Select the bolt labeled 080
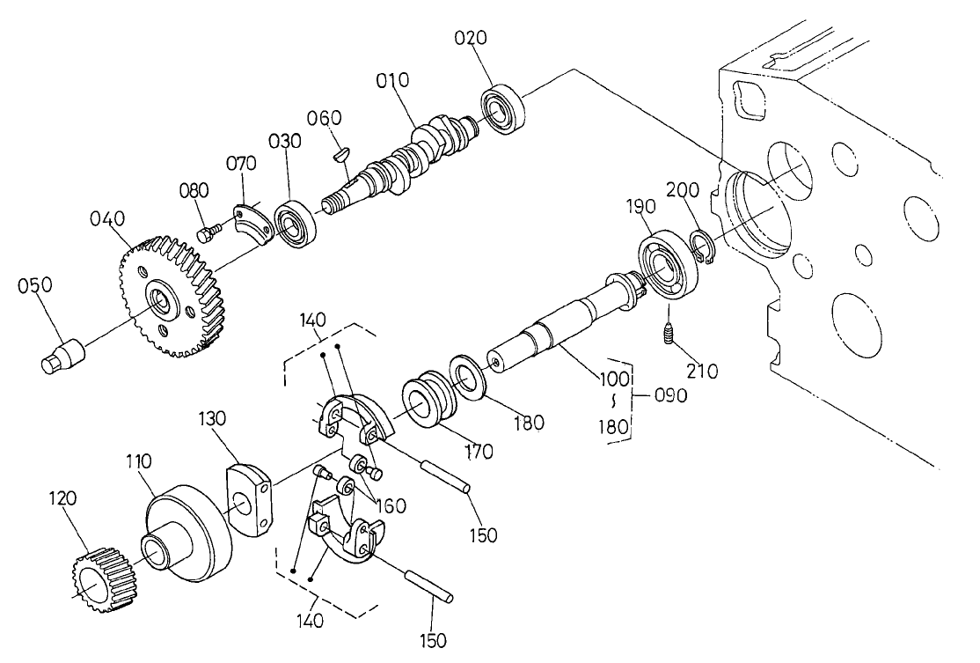208,233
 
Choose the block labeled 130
250,500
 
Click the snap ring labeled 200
703,247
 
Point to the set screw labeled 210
669,334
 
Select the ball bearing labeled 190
667,262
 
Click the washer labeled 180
469,377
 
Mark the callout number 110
139,460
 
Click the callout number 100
614,379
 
